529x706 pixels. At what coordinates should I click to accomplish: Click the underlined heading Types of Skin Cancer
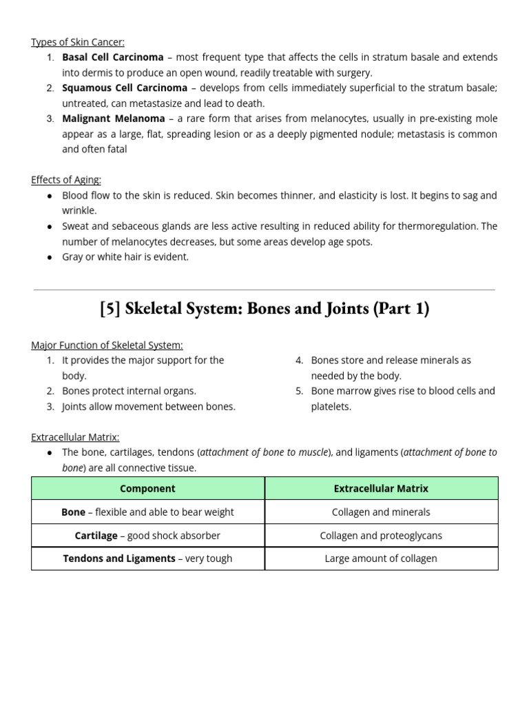tap(78, 42)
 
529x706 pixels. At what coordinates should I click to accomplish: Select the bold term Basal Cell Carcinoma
tap(113, 57)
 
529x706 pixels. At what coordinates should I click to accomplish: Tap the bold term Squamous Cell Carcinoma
tap(125, 88)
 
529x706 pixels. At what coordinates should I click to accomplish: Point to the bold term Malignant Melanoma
tap(114, 119)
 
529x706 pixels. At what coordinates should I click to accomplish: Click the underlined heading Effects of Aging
tap(66, 180)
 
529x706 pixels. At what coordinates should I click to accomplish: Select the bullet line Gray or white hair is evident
tap(125, 257)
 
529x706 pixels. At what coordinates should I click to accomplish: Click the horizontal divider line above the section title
tap(264, 290)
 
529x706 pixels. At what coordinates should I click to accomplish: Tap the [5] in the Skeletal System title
tap(110, 309)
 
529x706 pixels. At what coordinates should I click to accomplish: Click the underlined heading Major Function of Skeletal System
tap(107, 345)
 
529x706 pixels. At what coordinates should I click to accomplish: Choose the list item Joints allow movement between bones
tap(149, 407)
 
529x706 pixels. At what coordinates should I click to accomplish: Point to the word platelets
tap(331, 407)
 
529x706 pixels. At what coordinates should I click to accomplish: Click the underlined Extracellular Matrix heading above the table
tap(75, 437)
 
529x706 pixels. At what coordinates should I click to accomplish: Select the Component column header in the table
tap(147, 488)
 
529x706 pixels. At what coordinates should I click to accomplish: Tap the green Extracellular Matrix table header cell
tap(381, 488)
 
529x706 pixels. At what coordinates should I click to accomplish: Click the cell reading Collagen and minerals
tap(381, 512)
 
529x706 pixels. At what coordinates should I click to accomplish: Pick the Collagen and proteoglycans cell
tap(381, 536)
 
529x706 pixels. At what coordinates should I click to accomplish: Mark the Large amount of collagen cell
tap(381, 558)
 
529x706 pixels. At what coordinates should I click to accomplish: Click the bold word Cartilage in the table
tap(96, 536)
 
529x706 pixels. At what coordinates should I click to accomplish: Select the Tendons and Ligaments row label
tap(119, 558)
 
